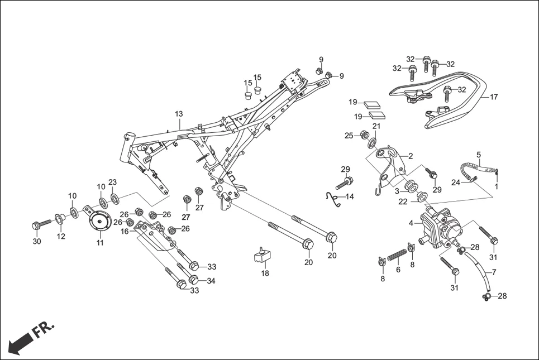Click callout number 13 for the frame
(179, 114)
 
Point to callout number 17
(493, 97)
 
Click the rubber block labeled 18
(261, 255)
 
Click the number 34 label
(211, 281)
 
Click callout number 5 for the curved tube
(478, 154)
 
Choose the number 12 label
(61, 236)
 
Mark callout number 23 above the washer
(112, 182)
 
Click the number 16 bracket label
(125, 231)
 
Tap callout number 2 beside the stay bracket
(410, 156)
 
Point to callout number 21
(376, 126)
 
